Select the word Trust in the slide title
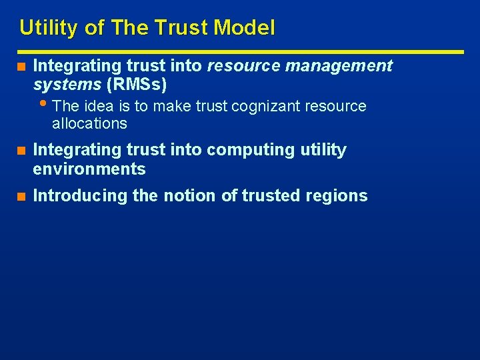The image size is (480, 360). [x=178, y=28]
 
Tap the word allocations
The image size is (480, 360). [x=89, y=123]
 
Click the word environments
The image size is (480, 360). [x=89, y=169]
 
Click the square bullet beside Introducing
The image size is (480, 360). [x=21, y=196]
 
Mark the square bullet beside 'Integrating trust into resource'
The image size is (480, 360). [x=21, y=67]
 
